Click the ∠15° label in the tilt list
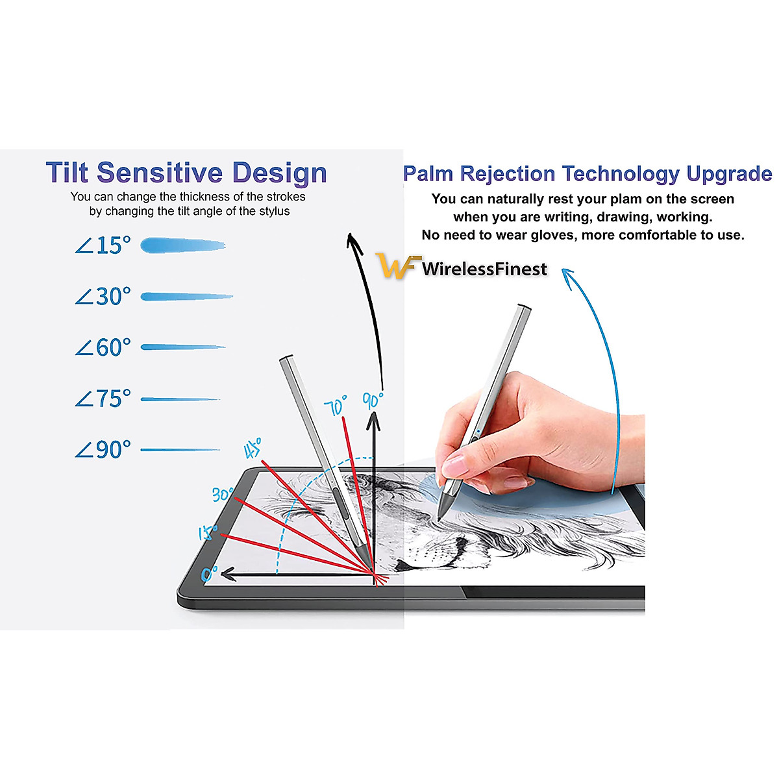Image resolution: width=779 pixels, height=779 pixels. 103,245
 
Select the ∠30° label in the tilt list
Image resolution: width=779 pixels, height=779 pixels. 103,297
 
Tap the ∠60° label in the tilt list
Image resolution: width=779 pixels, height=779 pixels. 103,347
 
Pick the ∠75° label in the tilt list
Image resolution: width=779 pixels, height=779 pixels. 103,399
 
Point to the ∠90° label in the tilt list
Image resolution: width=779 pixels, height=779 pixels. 103,449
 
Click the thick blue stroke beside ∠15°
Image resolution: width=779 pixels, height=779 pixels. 182,246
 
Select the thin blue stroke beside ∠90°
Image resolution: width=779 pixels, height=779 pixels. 180,449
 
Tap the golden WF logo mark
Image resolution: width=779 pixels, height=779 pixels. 395,266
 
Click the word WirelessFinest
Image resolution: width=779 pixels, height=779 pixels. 484,269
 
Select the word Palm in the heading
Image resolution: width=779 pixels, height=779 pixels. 428,174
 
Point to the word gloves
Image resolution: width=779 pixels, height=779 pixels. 553,235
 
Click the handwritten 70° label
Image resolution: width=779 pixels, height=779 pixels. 336,406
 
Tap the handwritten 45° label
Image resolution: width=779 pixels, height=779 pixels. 253,449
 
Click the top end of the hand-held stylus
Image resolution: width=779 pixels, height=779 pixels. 524,308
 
